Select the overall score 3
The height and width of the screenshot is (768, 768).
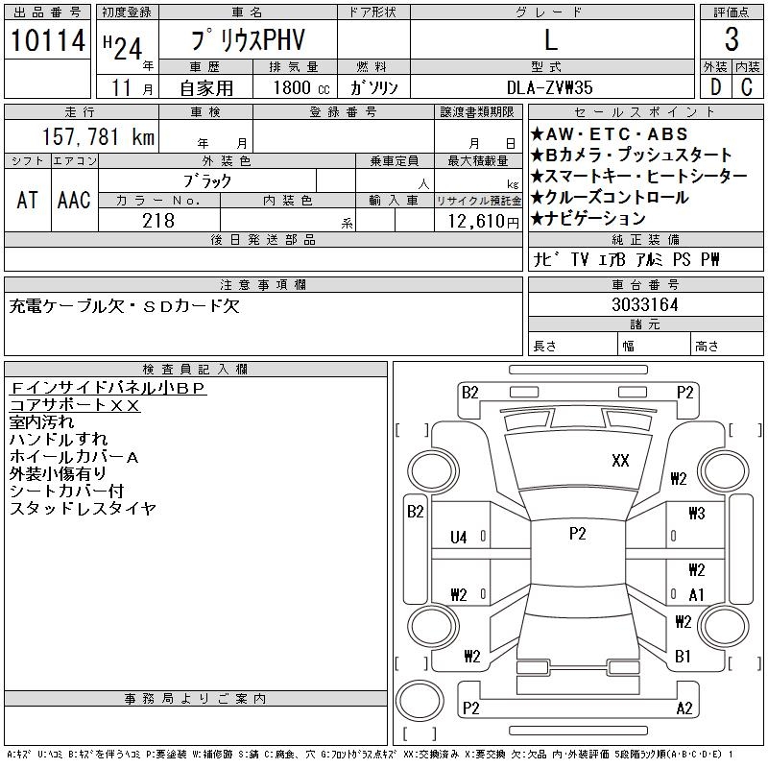coord(732,40)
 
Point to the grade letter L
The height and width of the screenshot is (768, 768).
coord(551,40)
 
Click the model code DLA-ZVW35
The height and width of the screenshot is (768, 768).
coord(551,87)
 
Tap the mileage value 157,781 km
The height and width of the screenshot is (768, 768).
coord(96,137)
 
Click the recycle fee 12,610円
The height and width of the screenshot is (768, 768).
coord(478,221)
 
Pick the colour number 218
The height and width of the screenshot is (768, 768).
coord(158,221)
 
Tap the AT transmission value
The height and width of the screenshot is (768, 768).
coord(27,200)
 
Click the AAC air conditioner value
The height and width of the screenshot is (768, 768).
coord(74,200)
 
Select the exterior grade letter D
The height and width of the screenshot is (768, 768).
coord(713,87)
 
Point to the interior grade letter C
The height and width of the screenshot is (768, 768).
coord(747,87)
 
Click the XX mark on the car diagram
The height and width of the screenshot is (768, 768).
coord(620,461)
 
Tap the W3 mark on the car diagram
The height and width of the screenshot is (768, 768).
coord(696,514)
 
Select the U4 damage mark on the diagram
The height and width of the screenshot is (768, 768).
coord(458,538)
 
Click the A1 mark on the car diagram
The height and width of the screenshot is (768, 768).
coord(696,594)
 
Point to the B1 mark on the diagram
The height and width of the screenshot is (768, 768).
coord(683,657)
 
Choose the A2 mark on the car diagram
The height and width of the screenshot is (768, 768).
coord(684,708)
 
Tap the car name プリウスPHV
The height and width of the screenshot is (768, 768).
coord(247,40)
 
